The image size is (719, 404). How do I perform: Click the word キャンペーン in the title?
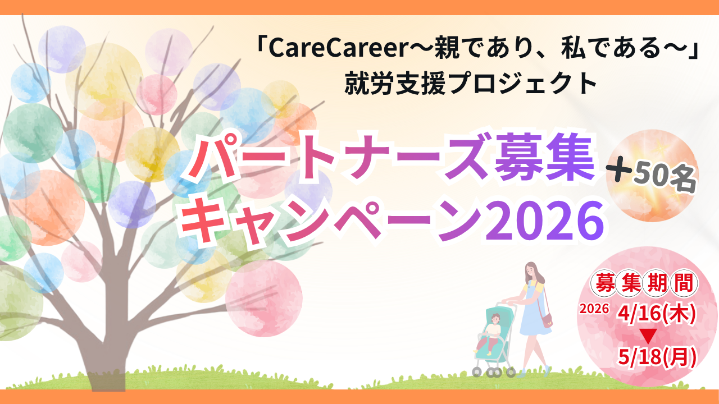(x=331, y=221)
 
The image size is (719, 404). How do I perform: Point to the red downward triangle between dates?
(x=647, y=336)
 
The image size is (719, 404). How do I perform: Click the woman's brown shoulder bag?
(x=546, y=320)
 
